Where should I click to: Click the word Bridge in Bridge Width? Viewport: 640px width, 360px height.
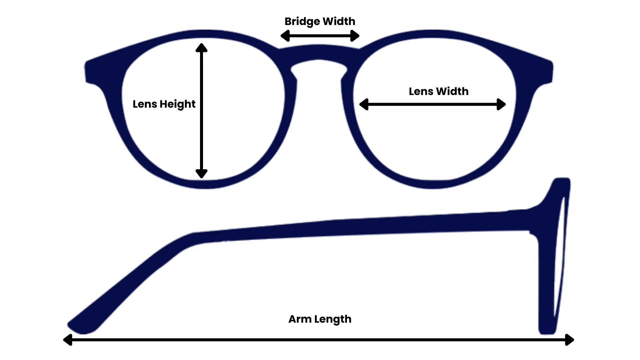coord(302,22)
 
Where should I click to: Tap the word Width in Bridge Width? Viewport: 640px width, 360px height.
coord(339,21)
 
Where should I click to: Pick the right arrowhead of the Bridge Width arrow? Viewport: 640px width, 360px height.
coord(355,36)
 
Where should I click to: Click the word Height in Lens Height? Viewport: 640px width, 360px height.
coord(177,104)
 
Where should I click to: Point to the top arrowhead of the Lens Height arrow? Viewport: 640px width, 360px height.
coord(201,48)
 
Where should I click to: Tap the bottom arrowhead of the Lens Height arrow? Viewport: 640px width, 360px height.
coord(201,173)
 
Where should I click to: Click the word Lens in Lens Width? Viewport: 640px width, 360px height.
coord(421,91)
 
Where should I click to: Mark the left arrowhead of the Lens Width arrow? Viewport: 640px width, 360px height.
coord(364,104)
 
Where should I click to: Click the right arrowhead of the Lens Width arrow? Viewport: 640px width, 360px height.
coord(501,104)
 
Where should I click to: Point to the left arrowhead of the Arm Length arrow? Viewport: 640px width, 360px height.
coord(68,340)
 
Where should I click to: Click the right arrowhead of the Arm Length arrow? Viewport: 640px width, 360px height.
coord(570,340)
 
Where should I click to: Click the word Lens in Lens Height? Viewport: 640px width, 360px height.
coord(145,104)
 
